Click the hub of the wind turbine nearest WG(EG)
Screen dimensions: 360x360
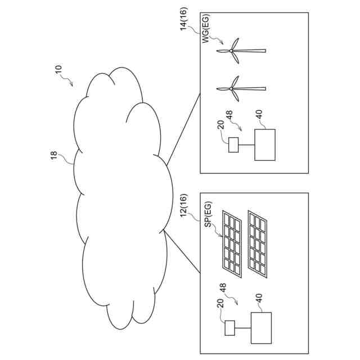231,51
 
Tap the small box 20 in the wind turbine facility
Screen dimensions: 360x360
234,145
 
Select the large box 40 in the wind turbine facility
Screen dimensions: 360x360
265,145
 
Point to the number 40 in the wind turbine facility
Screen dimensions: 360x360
259,114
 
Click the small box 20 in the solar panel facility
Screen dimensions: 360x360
229,327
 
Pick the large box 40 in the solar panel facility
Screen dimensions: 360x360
262,327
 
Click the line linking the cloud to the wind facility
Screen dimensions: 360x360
181,129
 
